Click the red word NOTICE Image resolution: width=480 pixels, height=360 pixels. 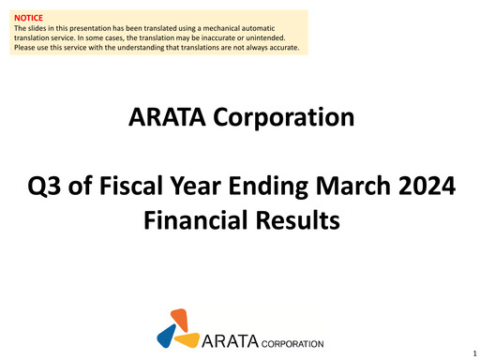coord(29,17)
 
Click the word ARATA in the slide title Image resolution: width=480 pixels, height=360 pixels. coord(168,118)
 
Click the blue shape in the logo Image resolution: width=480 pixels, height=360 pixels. coord(167,335)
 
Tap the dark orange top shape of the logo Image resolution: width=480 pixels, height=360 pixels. coord(180,319)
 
